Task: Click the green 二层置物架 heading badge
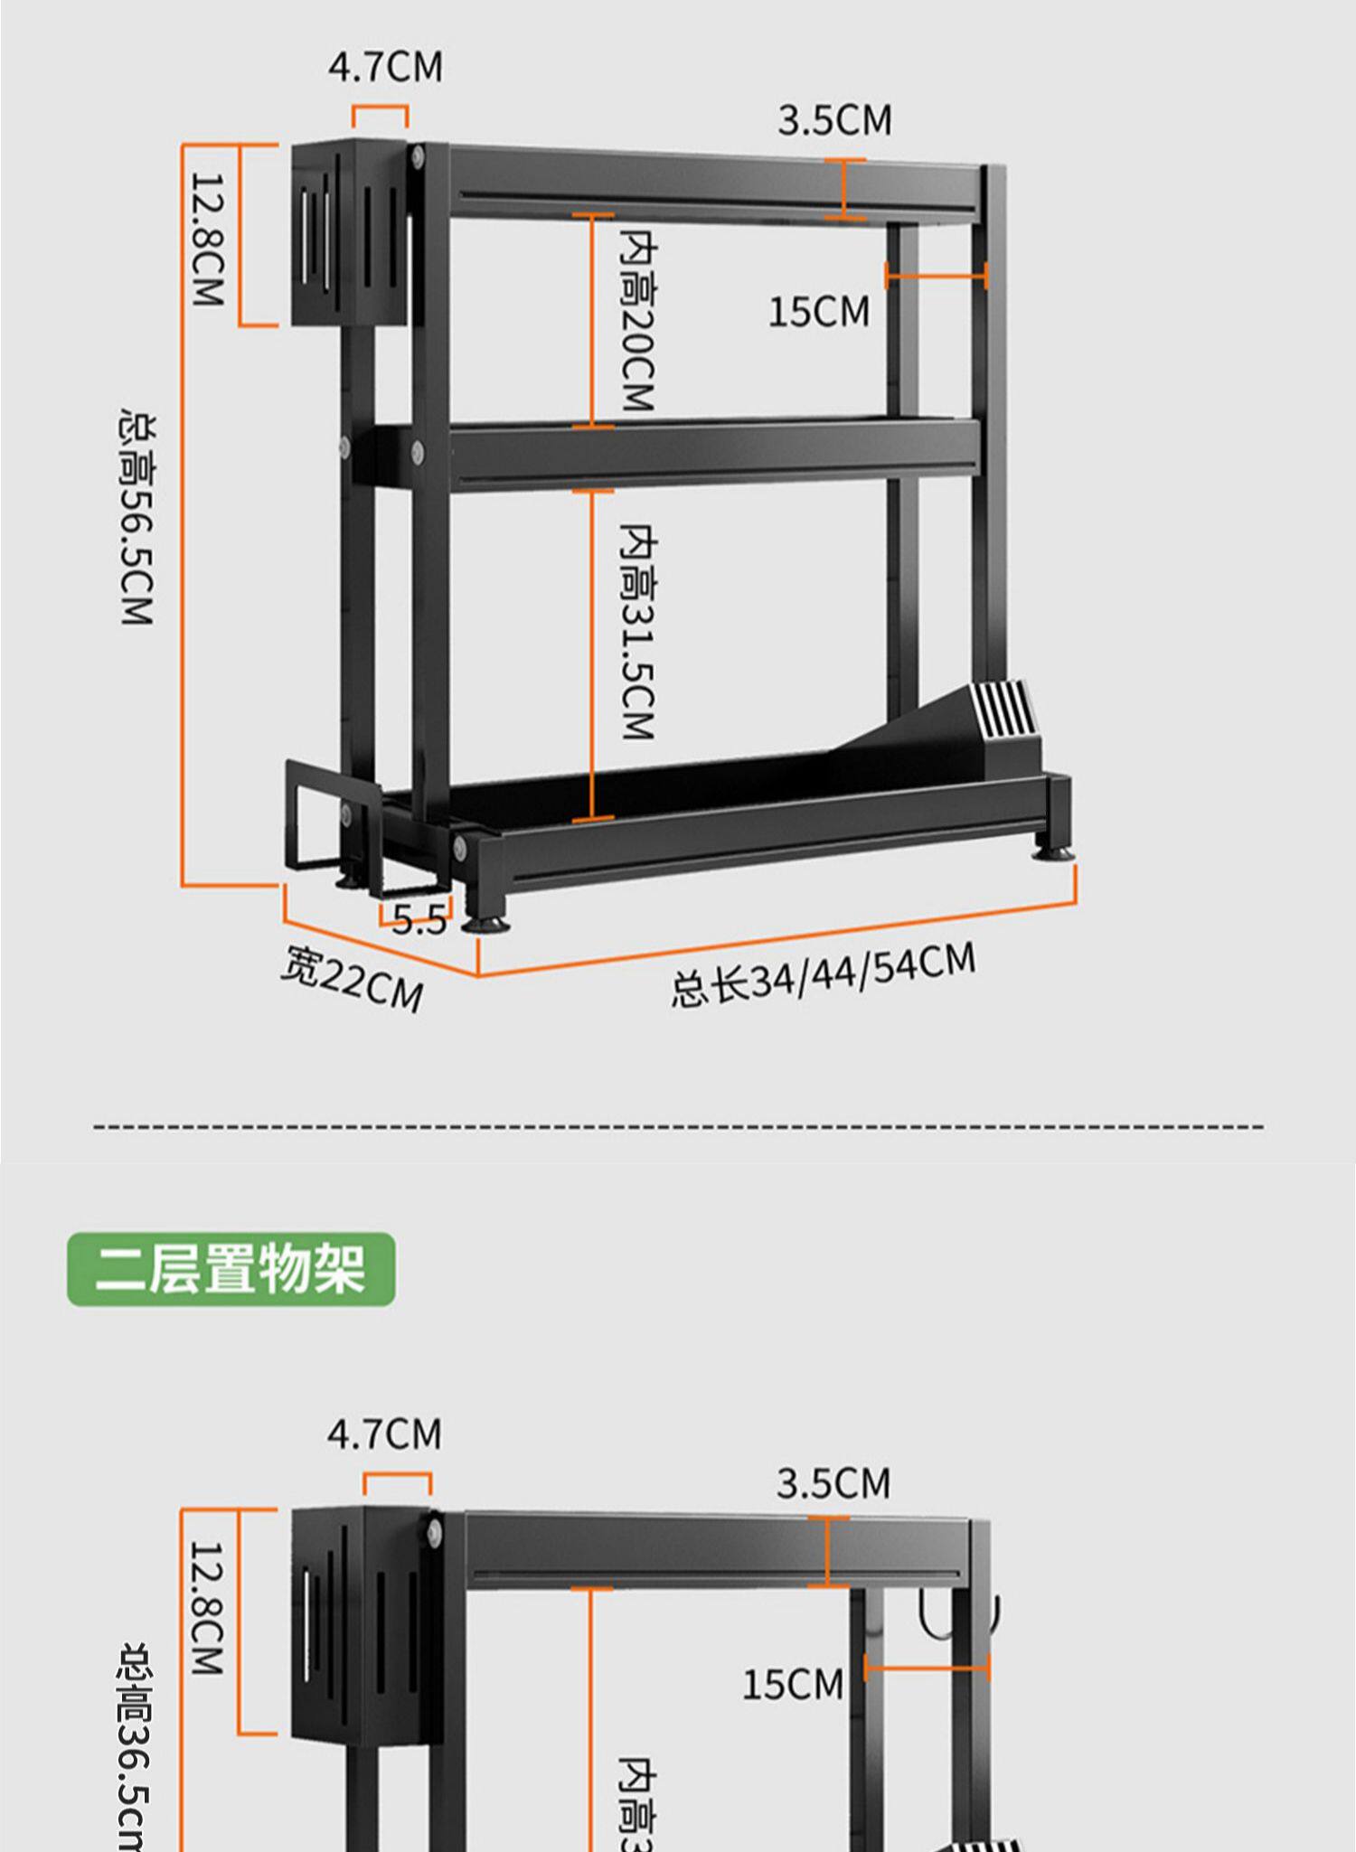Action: click(x=231, y=1268)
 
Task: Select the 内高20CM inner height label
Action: click(x=637, y=320)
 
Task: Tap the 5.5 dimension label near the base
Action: click(x=419, y=920)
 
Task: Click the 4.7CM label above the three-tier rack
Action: click(x=385, y=68)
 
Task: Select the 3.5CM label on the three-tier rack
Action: click(x=833, y=120)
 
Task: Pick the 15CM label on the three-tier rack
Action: click(x=819, y=312)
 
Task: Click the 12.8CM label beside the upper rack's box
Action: click(x=207, y=240)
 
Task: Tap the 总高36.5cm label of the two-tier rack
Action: click(x=136, y=1744)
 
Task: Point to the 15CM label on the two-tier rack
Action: click(x=792, y=1684)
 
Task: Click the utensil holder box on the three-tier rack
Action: click(x=348, y=233)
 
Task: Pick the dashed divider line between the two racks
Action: click(x=678, y=1126)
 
